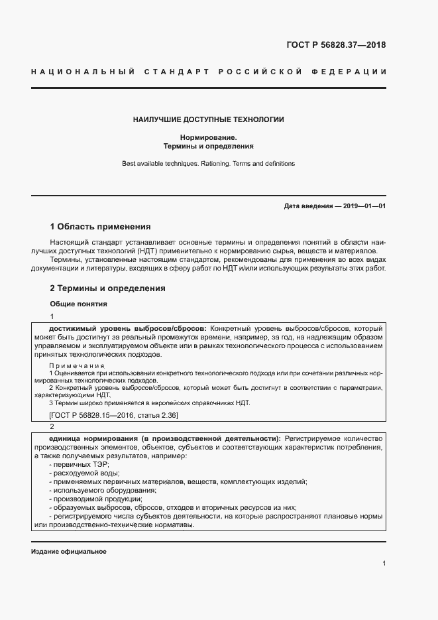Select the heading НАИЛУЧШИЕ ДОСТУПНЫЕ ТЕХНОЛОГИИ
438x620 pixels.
tap(208, 120)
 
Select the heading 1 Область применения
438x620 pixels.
tap(101, 226)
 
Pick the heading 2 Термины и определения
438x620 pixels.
tap(108, 288)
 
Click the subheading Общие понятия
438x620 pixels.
tap(79, 304)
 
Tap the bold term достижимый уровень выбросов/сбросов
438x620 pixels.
tap(128, 328)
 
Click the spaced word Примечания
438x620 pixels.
tap(77, 365)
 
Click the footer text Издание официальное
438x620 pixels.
tap(69, 552)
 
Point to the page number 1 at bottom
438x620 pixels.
tap(384, 564)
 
